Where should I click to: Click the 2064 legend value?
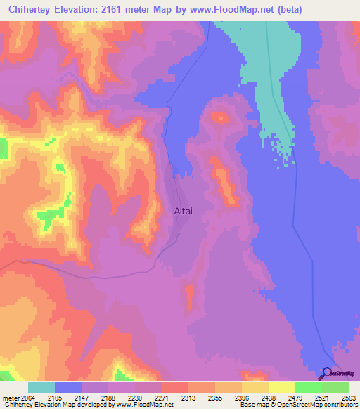pos(25,398)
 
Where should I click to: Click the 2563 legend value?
pos(348,398)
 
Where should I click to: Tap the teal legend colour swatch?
pos(41,387)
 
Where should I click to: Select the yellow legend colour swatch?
pos(281,387)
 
